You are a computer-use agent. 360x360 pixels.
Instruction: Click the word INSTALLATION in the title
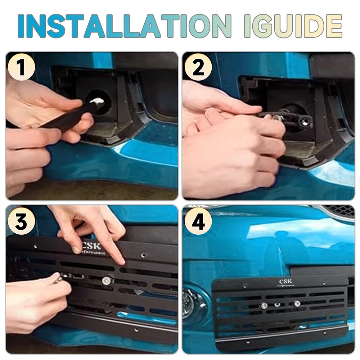[x=124, y=26]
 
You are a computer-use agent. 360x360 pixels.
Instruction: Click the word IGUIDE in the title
[x=293, y=26]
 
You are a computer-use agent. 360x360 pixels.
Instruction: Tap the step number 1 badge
[x=21, y=67]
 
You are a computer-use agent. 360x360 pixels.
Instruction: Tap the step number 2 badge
[x=198, y=67]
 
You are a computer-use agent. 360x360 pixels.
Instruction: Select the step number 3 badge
[x=21, y=221]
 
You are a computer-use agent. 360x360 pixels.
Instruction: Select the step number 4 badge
[x=198, y=221]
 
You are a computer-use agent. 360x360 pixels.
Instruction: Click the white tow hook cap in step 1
[x=97, y=100]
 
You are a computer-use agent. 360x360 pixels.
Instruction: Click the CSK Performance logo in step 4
[x=285, y=283]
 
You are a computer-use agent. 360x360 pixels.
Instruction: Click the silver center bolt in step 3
[x=107, y=280]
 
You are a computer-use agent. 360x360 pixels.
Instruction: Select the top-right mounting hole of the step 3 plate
[x=143, y=255]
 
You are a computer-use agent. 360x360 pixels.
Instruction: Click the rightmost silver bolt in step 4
[x=297, y=303]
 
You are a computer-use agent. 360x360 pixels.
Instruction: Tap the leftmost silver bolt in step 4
[x=264, y=306]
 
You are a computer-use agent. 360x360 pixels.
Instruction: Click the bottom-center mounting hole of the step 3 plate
[x=136, y=330]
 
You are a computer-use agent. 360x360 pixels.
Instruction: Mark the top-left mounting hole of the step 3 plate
[x=36, y=247]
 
